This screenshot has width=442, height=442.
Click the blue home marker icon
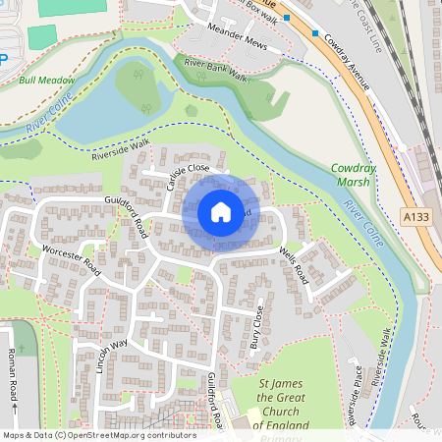[220, 212]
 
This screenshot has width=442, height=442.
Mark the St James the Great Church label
[282, 404]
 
